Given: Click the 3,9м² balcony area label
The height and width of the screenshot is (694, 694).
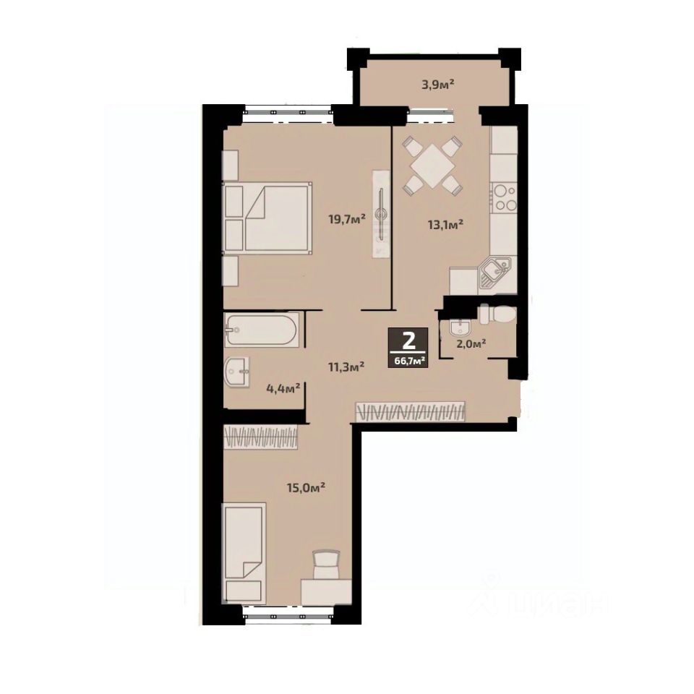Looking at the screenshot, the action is click(438, 84).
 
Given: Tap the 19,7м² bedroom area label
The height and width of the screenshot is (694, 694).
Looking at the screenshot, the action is click(346, 218).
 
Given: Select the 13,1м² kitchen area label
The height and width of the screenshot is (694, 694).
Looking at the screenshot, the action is click(445, 224).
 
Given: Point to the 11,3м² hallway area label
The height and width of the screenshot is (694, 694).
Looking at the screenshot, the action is click(346, 367).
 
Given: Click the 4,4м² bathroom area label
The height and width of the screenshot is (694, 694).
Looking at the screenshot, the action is click(283, 389).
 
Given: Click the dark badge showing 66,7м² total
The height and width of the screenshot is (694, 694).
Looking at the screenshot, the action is click(408, 348).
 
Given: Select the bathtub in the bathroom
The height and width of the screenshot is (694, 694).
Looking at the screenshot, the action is click(262, 330).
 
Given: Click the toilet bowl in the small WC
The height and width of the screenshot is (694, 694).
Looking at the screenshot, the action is click(497, 315).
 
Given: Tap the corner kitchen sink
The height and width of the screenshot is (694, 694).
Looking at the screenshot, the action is click(494, 273).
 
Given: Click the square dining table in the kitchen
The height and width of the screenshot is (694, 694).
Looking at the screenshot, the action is click(432, 167).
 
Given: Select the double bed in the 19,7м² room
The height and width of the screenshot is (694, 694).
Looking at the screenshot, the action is click(267, 218).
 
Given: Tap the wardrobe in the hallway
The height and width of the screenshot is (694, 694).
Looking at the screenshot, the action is click(411, 411).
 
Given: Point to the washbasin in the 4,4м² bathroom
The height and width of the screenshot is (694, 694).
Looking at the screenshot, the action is click(237, 372).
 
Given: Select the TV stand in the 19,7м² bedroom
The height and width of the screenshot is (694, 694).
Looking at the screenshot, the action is click(381, 214).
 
